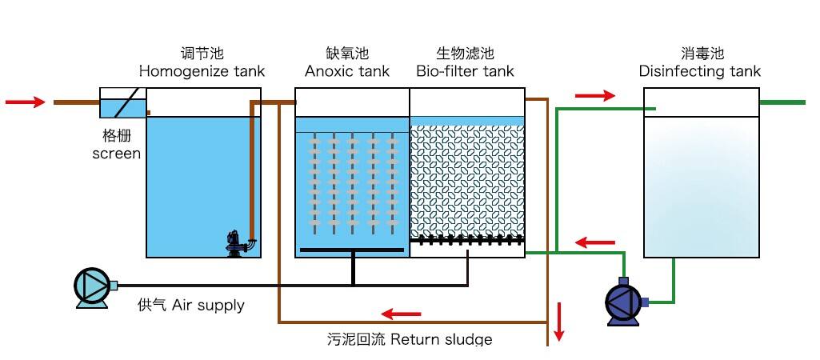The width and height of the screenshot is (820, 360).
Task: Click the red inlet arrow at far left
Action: tap(25, 102)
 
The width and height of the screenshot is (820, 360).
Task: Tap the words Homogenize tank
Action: tap(202, 71)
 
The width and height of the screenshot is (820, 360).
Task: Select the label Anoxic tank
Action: tap(347, 71)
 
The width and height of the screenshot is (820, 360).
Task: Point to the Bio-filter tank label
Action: tap(465, 71)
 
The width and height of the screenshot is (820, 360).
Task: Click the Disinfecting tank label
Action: tap(699, 71)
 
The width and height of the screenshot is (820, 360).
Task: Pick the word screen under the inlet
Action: tap(117, 153)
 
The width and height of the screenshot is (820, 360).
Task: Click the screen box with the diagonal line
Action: tap(122, 103)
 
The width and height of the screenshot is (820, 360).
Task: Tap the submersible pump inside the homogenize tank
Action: tap(237, 243)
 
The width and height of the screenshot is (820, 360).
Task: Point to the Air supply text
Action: tap(191, 305)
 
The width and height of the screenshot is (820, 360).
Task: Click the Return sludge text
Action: tap(404, 339)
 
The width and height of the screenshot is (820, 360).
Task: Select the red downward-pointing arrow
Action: tap(559, 322)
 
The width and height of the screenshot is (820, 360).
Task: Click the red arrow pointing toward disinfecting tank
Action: tap(595, 96)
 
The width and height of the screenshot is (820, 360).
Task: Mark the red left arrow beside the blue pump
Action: tap(596, 242)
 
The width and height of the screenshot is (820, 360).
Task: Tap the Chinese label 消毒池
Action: tap(699, 54)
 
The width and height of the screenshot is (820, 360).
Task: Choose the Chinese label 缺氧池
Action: tap(347, 54)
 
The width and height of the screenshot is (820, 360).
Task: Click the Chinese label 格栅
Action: tap(116, 134)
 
